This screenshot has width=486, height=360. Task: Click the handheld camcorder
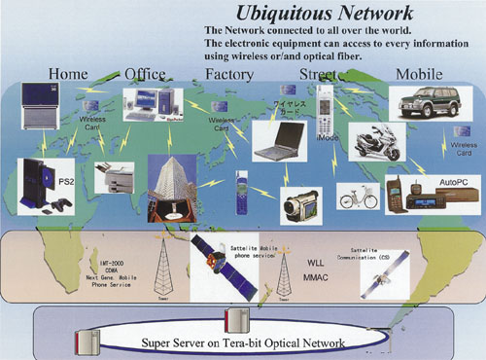pyautogui.click(x=298, y=199)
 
